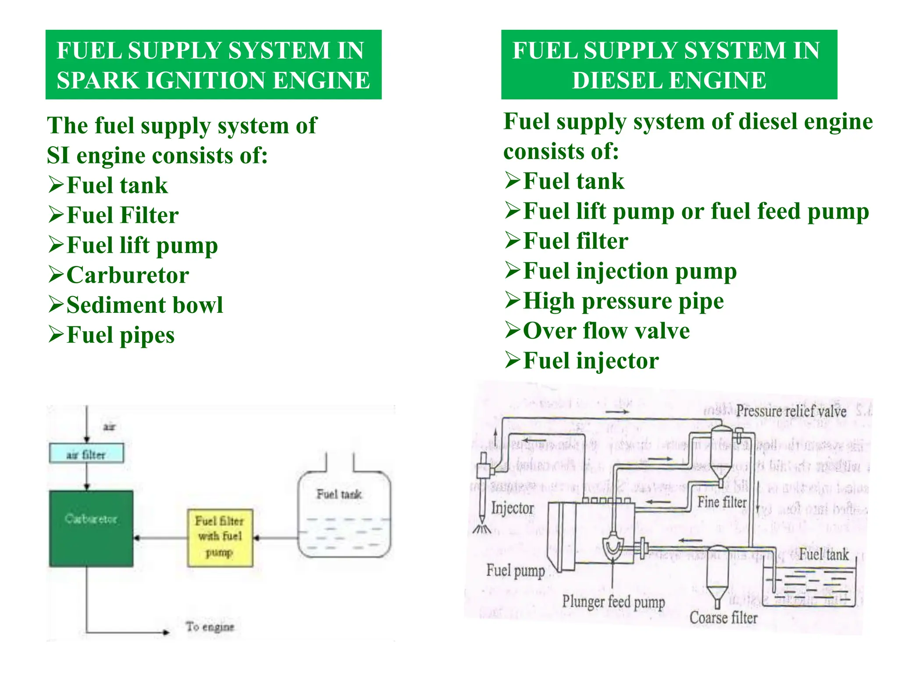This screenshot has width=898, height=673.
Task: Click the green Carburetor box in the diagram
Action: (91, 528)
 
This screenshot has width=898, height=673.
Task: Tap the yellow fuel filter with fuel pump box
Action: (220, 538)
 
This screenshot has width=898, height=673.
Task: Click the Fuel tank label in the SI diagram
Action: (339, 495)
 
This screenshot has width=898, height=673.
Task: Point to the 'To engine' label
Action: (210, 627)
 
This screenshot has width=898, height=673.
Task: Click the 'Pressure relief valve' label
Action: (791, 411)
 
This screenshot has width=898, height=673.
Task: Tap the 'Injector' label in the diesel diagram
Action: (512, 508)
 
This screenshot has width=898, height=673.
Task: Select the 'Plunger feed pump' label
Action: (613, 602)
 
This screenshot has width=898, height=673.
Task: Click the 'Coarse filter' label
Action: (723, 618)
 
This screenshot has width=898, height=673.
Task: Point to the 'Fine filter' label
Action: (722, 502)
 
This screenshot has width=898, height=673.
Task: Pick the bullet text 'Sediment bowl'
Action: (145, 305)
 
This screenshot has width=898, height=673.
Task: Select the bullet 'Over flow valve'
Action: (606, 331)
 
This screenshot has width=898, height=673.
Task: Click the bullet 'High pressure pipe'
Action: (623, 301)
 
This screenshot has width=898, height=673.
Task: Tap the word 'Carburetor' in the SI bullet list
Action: (128, 275)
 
